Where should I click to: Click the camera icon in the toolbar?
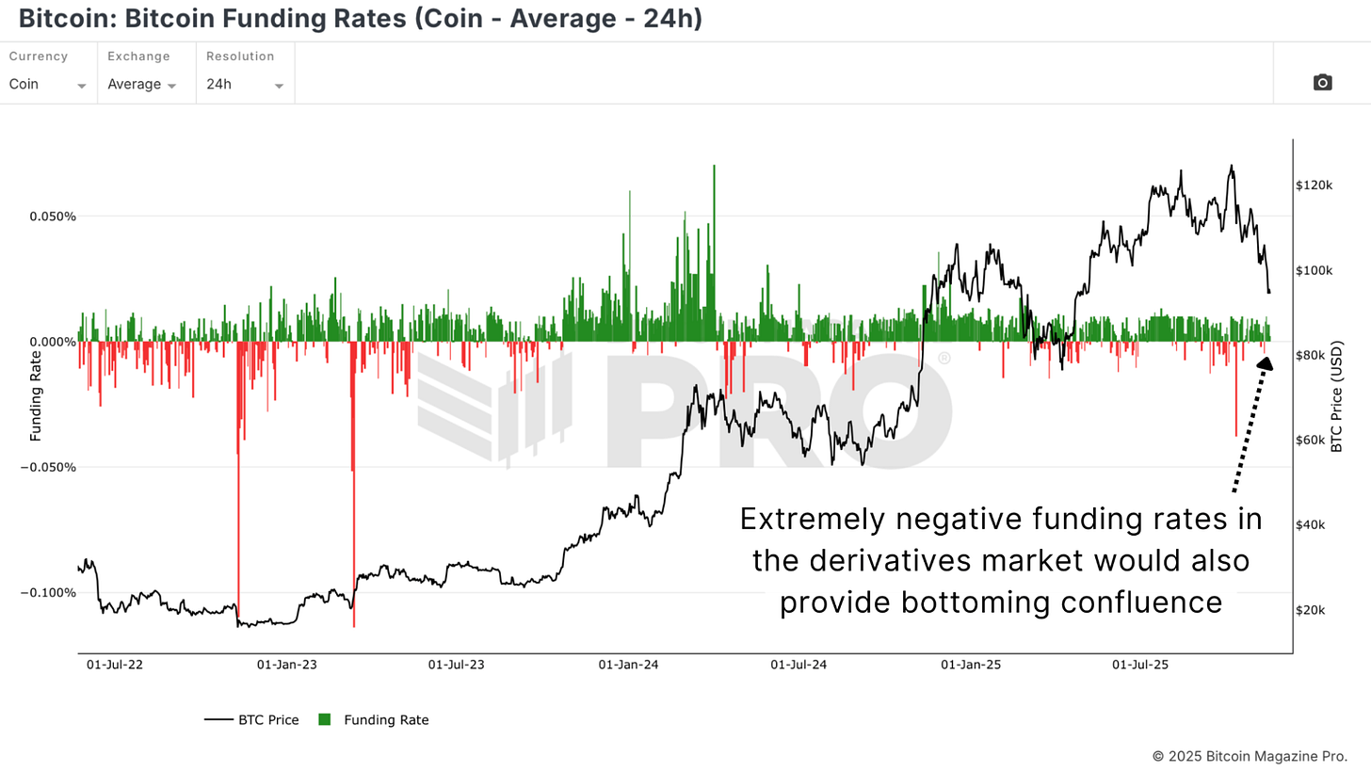tap(1322, 83)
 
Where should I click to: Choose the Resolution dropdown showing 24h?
tap(244, 84)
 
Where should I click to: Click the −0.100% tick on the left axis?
tap(47, 593)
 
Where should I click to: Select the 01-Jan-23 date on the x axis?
tap(286, 665)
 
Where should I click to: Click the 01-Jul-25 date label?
tap(1140, 665)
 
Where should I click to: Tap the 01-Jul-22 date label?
tap(115, 665)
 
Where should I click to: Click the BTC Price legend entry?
tap(251, 720)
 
